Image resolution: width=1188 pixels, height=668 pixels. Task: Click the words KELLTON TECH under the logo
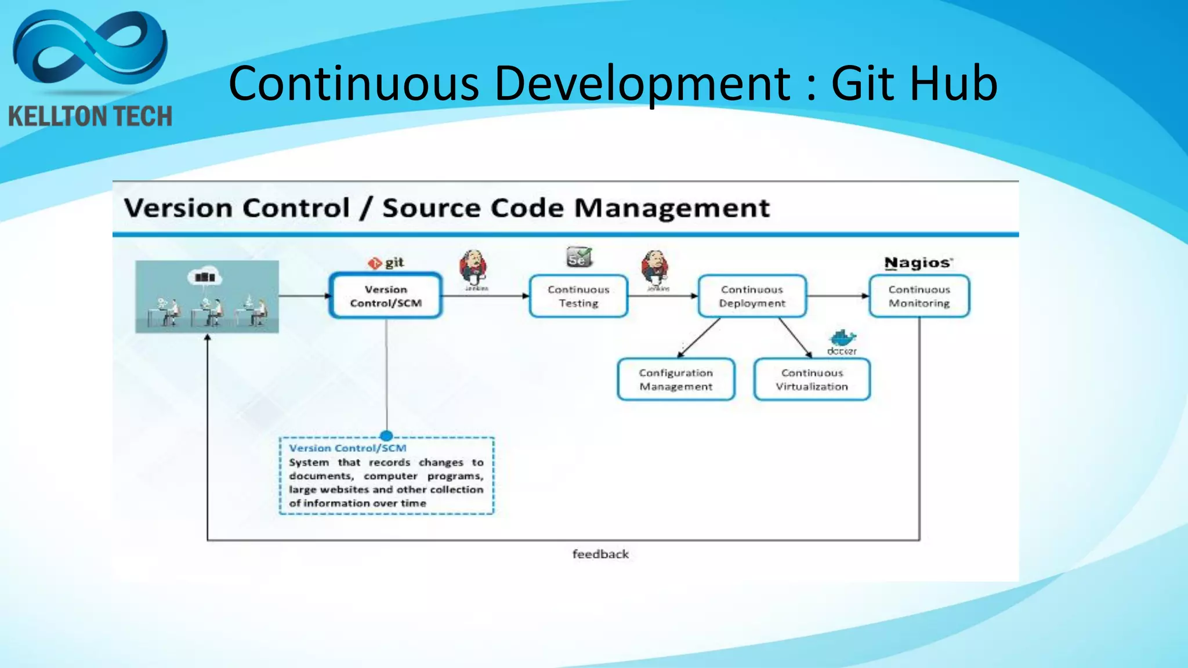point(90,117)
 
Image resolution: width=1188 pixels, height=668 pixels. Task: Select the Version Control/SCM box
point(386,296)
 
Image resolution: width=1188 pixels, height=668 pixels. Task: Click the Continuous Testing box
point(578,296)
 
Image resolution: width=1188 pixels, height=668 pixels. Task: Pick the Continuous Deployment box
point(752,296)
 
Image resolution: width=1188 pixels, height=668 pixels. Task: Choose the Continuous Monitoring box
point(919,296)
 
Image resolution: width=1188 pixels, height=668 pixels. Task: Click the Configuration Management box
point(676,380)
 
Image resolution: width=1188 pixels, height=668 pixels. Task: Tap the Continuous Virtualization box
point(812,380)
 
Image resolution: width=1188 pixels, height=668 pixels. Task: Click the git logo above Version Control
point(386,263)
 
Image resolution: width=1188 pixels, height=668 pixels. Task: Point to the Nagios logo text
point(918,263)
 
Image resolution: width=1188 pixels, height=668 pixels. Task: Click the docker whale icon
point(842,339)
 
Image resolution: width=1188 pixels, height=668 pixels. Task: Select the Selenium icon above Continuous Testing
point(579,257)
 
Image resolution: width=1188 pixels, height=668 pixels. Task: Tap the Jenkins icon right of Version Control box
point(473,268)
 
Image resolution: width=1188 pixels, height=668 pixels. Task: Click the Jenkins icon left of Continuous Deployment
point(655,268)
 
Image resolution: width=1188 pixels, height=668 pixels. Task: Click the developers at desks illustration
point(207,297)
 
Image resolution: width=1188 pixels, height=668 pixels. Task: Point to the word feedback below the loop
point(600,554)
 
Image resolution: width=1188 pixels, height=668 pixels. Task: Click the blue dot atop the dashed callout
point(386,436)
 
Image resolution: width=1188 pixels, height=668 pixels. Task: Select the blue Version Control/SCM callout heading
point(347,448)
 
